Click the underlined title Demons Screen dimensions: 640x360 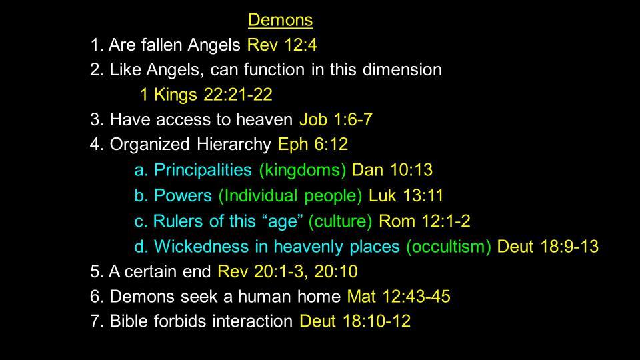coord(281,20)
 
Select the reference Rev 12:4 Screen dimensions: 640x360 coord(282,45)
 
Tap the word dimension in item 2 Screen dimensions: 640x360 coord(402,69)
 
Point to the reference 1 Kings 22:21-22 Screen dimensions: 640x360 coord(206,95)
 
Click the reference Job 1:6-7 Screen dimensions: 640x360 coord(336,119)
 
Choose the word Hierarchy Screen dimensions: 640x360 coord(233,145)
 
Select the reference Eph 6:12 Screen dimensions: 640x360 coord(313,145)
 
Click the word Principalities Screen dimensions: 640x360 coord(203,170)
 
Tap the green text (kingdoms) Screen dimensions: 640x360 coord(303,170)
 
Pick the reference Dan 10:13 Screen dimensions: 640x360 coord(392,170)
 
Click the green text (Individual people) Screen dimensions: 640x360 coord(290,196)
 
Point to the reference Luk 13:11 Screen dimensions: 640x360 coord(406,195)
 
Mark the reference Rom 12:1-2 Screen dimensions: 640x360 coord(425,221)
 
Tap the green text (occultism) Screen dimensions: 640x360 coord(449,247)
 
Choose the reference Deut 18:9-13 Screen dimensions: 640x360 coord(548,247)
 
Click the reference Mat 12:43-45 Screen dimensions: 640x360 coord(399,297)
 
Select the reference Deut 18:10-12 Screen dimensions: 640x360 coord(355,321)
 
